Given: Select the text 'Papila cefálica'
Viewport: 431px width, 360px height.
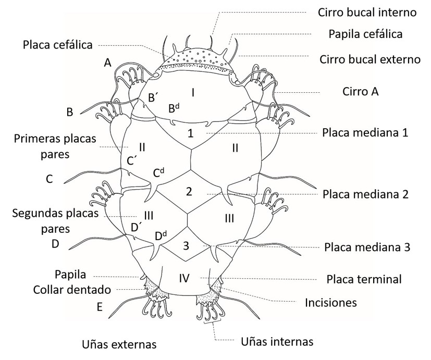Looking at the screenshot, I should pos(365,35).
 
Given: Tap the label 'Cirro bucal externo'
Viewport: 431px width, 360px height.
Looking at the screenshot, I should pos(370,59).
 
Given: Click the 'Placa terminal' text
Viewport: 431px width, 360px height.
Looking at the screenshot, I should pos(364,279).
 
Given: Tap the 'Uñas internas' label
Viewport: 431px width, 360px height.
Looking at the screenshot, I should pos(277,342).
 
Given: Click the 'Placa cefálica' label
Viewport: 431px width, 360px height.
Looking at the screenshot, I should pos(58,45).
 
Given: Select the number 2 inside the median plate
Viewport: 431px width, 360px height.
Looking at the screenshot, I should pos(189,191).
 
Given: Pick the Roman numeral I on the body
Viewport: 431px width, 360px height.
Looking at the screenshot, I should pos(193,93).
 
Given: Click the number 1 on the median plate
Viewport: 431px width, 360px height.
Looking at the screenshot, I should pos(191,133).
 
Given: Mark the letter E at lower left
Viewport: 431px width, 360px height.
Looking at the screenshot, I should pos(100,307).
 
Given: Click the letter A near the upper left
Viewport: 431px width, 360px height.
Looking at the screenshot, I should pos(108,63).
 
